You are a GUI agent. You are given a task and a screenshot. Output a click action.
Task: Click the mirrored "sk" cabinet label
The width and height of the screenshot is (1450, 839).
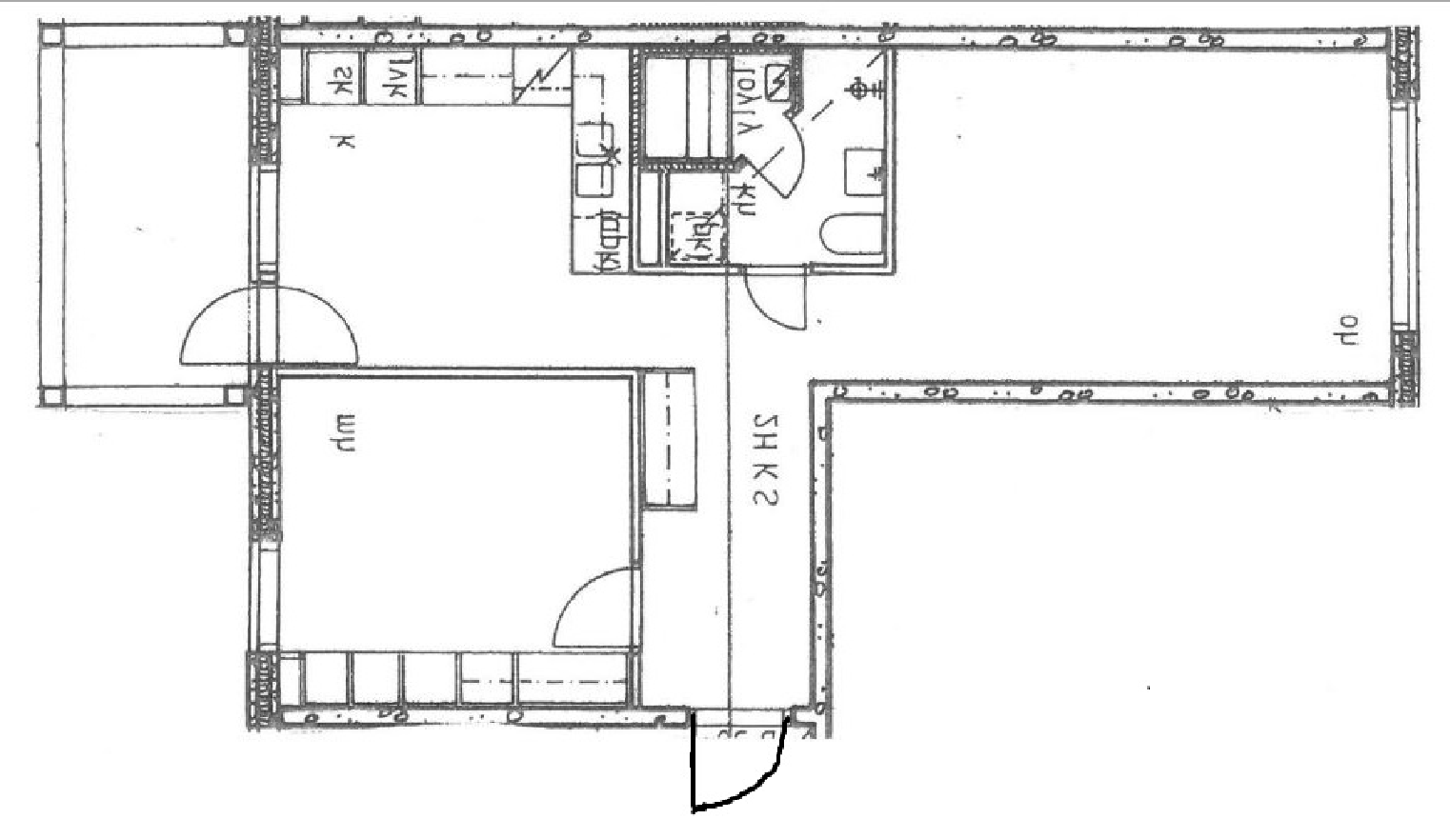(x=338, y=81)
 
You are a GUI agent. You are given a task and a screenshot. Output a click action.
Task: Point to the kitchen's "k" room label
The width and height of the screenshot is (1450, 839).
(x=344, y=143)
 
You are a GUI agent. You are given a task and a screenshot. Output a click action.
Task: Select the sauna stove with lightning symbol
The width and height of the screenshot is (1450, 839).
(x=778, y=82)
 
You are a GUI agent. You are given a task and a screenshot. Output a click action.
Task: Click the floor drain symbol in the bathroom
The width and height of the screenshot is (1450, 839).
(x=860, y=90)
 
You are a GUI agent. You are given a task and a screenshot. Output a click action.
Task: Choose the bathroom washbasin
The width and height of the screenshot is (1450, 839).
(x=865, y=171)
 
